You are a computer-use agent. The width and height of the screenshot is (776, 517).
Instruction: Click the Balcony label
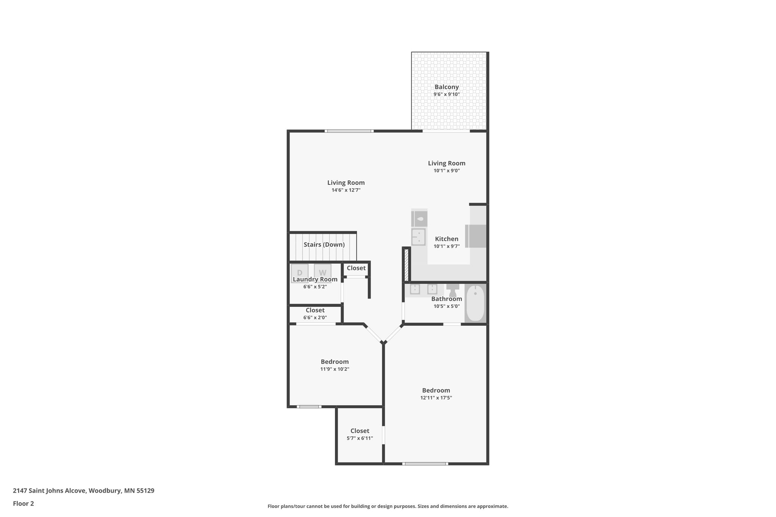[x=446, y=87]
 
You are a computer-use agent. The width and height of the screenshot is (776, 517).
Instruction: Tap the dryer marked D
[x=299, y=272]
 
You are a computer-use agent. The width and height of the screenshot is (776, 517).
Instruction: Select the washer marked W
[x=322, y=272]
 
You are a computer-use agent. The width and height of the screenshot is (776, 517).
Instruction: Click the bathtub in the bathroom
[x=475, y=303]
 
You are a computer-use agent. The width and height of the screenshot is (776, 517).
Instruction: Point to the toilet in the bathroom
[x=452, y=291]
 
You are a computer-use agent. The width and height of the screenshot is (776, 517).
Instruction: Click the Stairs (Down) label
[x=324, y=245]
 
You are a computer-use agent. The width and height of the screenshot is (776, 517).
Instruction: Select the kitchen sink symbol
[x=418, y=237]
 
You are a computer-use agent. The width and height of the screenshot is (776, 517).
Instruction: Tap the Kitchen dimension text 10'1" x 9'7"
[x=446, y=246]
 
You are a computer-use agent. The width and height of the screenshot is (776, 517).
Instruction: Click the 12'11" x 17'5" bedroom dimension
[x=436, y=398]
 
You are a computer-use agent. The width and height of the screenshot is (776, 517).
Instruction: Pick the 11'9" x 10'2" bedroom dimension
[x=335, y=369]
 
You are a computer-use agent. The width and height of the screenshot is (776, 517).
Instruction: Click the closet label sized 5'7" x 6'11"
[x=360, y=431]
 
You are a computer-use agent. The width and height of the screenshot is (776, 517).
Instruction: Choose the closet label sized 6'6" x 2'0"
[x=315, y=311]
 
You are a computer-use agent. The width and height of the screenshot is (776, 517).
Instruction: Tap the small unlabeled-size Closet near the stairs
[x=356, y=268]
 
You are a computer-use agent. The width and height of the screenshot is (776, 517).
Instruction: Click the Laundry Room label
[x=315, y=280]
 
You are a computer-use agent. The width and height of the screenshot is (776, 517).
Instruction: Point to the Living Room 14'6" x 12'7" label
[x=346, y=183]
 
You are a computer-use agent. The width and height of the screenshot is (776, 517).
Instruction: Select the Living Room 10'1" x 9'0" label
[x=446, y=163]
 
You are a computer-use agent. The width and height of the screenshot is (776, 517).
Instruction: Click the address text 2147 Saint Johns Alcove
[x=83, y=490]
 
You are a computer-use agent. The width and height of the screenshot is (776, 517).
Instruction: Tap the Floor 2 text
[x=23, y=503]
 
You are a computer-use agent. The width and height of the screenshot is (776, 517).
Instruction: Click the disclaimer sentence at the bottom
[x=388, y=506]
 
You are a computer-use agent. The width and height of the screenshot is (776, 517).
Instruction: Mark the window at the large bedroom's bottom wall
[x=425, y=464]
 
